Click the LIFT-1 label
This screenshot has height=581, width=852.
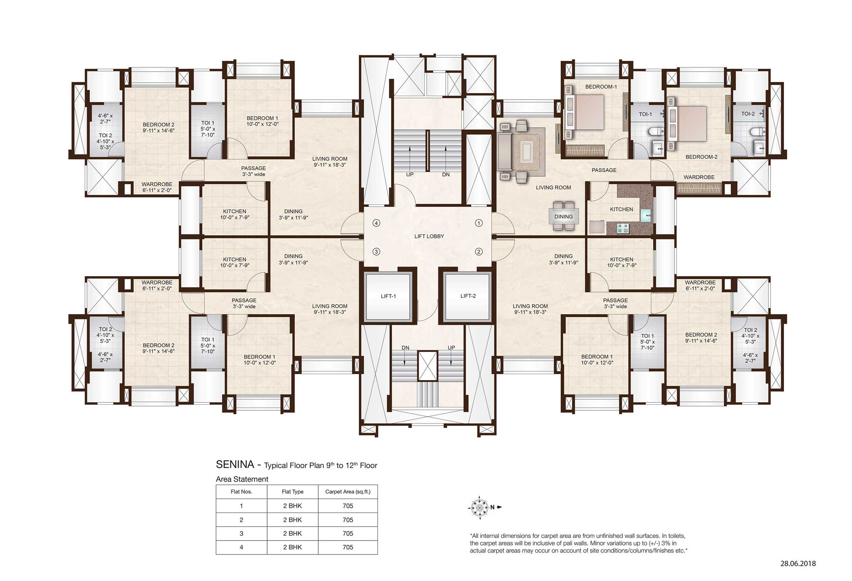coord(388,296)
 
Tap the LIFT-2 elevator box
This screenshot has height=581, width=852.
coord(467,297)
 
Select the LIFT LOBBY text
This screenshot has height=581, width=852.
coord(429,236)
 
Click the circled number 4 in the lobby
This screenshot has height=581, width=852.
coord(376,223)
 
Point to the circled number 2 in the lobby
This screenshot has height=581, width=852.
coord(479,252)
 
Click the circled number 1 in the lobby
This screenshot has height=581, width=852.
coord(479,223)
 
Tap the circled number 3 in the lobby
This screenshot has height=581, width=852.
coord(376,252)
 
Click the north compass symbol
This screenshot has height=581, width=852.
coord(480,507)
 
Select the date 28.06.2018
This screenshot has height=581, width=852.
coord(798,564)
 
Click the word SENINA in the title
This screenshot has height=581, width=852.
coord(235,464)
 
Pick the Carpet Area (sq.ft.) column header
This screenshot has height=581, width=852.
coord(348,492)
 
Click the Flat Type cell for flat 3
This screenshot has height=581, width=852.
coord(293,534)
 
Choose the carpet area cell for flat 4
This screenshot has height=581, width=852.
coord(348,547)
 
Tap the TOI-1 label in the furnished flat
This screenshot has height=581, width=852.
coord(645,114)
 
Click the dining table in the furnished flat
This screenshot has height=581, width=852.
coord(564,216)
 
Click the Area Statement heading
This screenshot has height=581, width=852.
coord(242,479)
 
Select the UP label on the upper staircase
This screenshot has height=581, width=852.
coord(410,175)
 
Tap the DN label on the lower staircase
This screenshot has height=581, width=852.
coord(406,348)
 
